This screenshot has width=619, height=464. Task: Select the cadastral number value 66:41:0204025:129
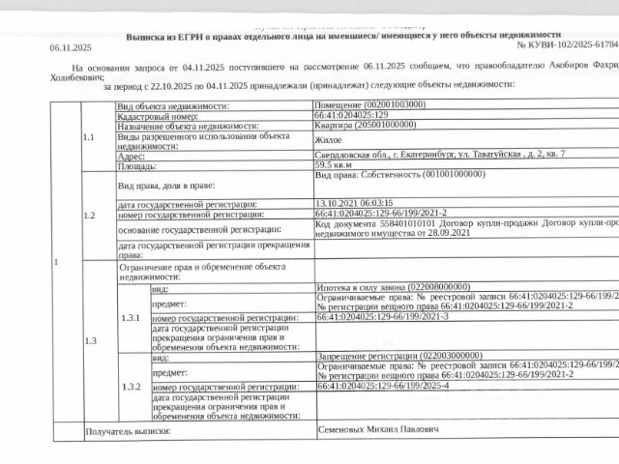[352, 116]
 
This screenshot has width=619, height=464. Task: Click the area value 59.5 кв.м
[334, 165]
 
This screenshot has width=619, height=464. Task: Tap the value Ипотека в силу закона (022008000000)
[392, 287]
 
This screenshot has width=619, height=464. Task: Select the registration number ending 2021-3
[382, 316]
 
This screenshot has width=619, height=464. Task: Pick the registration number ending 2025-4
[382, 387]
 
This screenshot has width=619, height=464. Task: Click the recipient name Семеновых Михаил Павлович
[378, 428]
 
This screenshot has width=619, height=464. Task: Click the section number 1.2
[89, 216]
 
